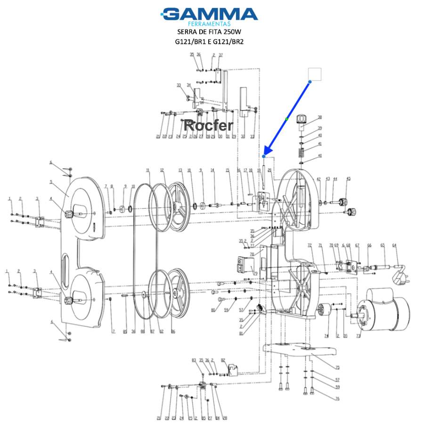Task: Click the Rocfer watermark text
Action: tap(208, 125)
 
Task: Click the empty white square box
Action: tap(314, 74)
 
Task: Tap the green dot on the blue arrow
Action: tap(287, 118)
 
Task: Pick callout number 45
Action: tap(349, 179)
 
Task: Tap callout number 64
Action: tap(394, 245)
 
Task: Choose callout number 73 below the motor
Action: tap(358, 336)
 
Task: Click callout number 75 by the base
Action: tap(337, 368)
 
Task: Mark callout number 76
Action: tap(337, 399)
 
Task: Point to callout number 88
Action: tap(143, 332)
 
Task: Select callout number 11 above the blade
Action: tap(147, 170)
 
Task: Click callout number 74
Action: tap(326, 336)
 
